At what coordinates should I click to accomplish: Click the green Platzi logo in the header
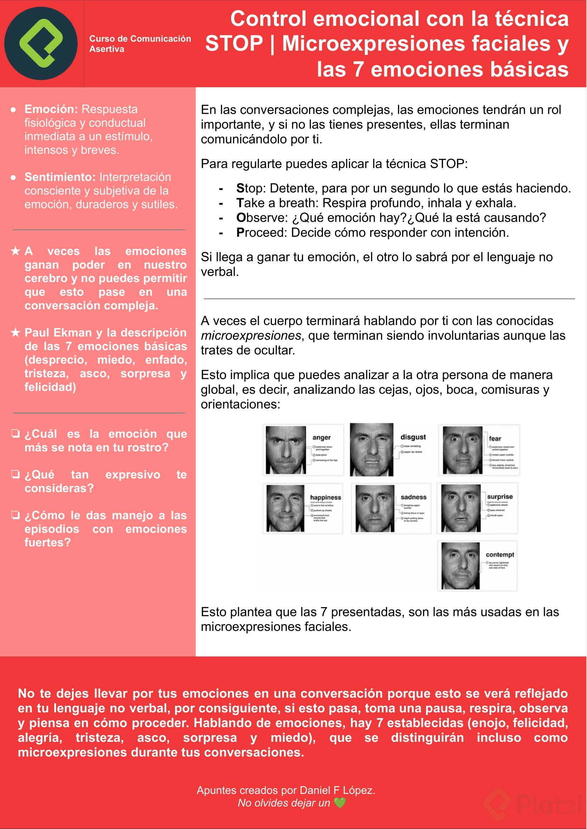coord(41,43)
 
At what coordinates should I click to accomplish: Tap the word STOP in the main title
coord(234,44)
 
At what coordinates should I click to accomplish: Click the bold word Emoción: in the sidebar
coord(51,109)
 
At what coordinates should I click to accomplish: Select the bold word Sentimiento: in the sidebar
coord(60,177)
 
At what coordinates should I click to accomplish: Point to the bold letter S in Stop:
coord(240,188)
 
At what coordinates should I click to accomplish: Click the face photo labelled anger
coord(286,449)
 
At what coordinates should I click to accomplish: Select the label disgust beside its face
coord(413,437)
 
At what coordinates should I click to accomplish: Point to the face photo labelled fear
coord(462,450)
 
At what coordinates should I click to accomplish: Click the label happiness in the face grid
coord(325,498)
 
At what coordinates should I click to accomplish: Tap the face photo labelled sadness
coord(374,508)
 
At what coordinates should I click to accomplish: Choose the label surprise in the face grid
coord(499,497)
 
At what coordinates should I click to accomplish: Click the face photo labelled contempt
coord(460,566)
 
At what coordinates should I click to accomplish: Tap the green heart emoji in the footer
coord(340,803)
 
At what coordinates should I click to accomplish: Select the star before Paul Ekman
coord(15,332)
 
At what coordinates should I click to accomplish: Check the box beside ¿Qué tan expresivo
coord(15,474)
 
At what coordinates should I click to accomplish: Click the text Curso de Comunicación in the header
coord(140,39)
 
